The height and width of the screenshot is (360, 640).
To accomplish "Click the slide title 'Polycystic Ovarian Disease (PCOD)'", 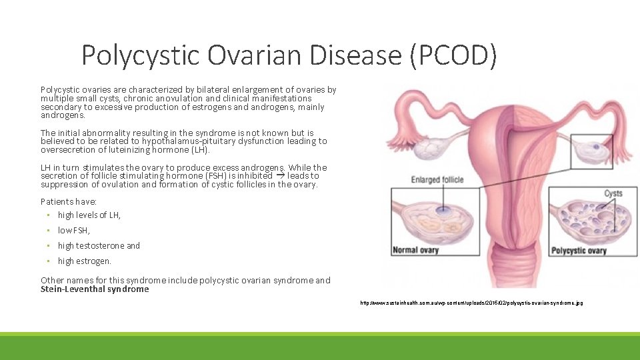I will (x=289, y=56).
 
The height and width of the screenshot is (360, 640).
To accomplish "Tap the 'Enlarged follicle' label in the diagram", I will (x=438, y=179).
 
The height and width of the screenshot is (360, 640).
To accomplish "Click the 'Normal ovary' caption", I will (x=415, y=250).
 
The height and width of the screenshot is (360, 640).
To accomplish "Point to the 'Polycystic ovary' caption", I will (x=578, y=251).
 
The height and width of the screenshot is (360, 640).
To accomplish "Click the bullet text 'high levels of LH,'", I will (x=89, y=215).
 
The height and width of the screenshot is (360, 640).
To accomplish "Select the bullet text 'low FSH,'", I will (x=73, y=230).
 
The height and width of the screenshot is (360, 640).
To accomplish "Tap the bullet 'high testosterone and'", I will (x=99, y=245).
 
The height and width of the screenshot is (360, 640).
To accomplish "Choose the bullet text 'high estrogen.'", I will (x=85, y=261).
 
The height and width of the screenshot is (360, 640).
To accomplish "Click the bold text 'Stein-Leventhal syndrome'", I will (x=95, y=289).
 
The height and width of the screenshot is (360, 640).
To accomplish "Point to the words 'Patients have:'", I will (x=69, y=201).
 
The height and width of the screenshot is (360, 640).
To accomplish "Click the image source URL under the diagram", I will (x=471, y=303).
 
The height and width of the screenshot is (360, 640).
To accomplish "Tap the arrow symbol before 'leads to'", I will (x=280, y=175).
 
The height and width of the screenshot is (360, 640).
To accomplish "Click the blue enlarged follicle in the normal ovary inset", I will (x=441, y=209).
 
